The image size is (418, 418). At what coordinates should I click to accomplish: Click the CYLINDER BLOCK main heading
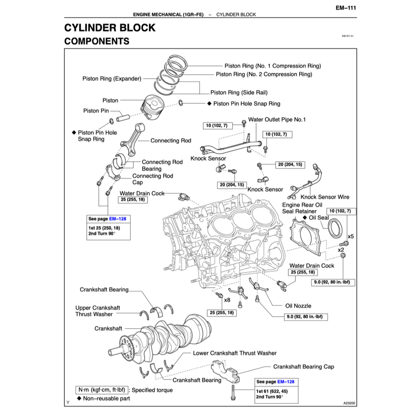tap(110, 28)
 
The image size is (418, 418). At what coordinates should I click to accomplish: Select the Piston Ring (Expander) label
tap(111, 78)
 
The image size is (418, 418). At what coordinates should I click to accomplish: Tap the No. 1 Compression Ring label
tap(273, 66)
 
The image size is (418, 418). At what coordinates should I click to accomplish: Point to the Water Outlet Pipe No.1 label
tap(277, 120)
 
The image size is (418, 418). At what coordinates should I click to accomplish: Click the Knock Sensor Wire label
tap(325, 197)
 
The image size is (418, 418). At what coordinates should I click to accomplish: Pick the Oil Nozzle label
tap(298, 306)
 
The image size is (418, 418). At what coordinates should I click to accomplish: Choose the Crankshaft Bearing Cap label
tap(303, 367)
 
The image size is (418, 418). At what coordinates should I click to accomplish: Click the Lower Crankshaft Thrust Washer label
tap(235, 353)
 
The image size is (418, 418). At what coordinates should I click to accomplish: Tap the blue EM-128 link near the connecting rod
tap(118, 219)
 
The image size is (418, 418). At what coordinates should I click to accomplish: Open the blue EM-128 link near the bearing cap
tap(286, 382)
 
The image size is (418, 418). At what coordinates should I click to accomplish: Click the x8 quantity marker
tap(227, 300)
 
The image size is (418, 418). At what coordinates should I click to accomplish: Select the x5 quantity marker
tap(350, 236)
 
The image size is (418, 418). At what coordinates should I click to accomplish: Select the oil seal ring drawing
tap(337, 228)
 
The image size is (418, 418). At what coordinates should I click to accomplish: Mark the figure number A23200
tap(349, 402)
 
